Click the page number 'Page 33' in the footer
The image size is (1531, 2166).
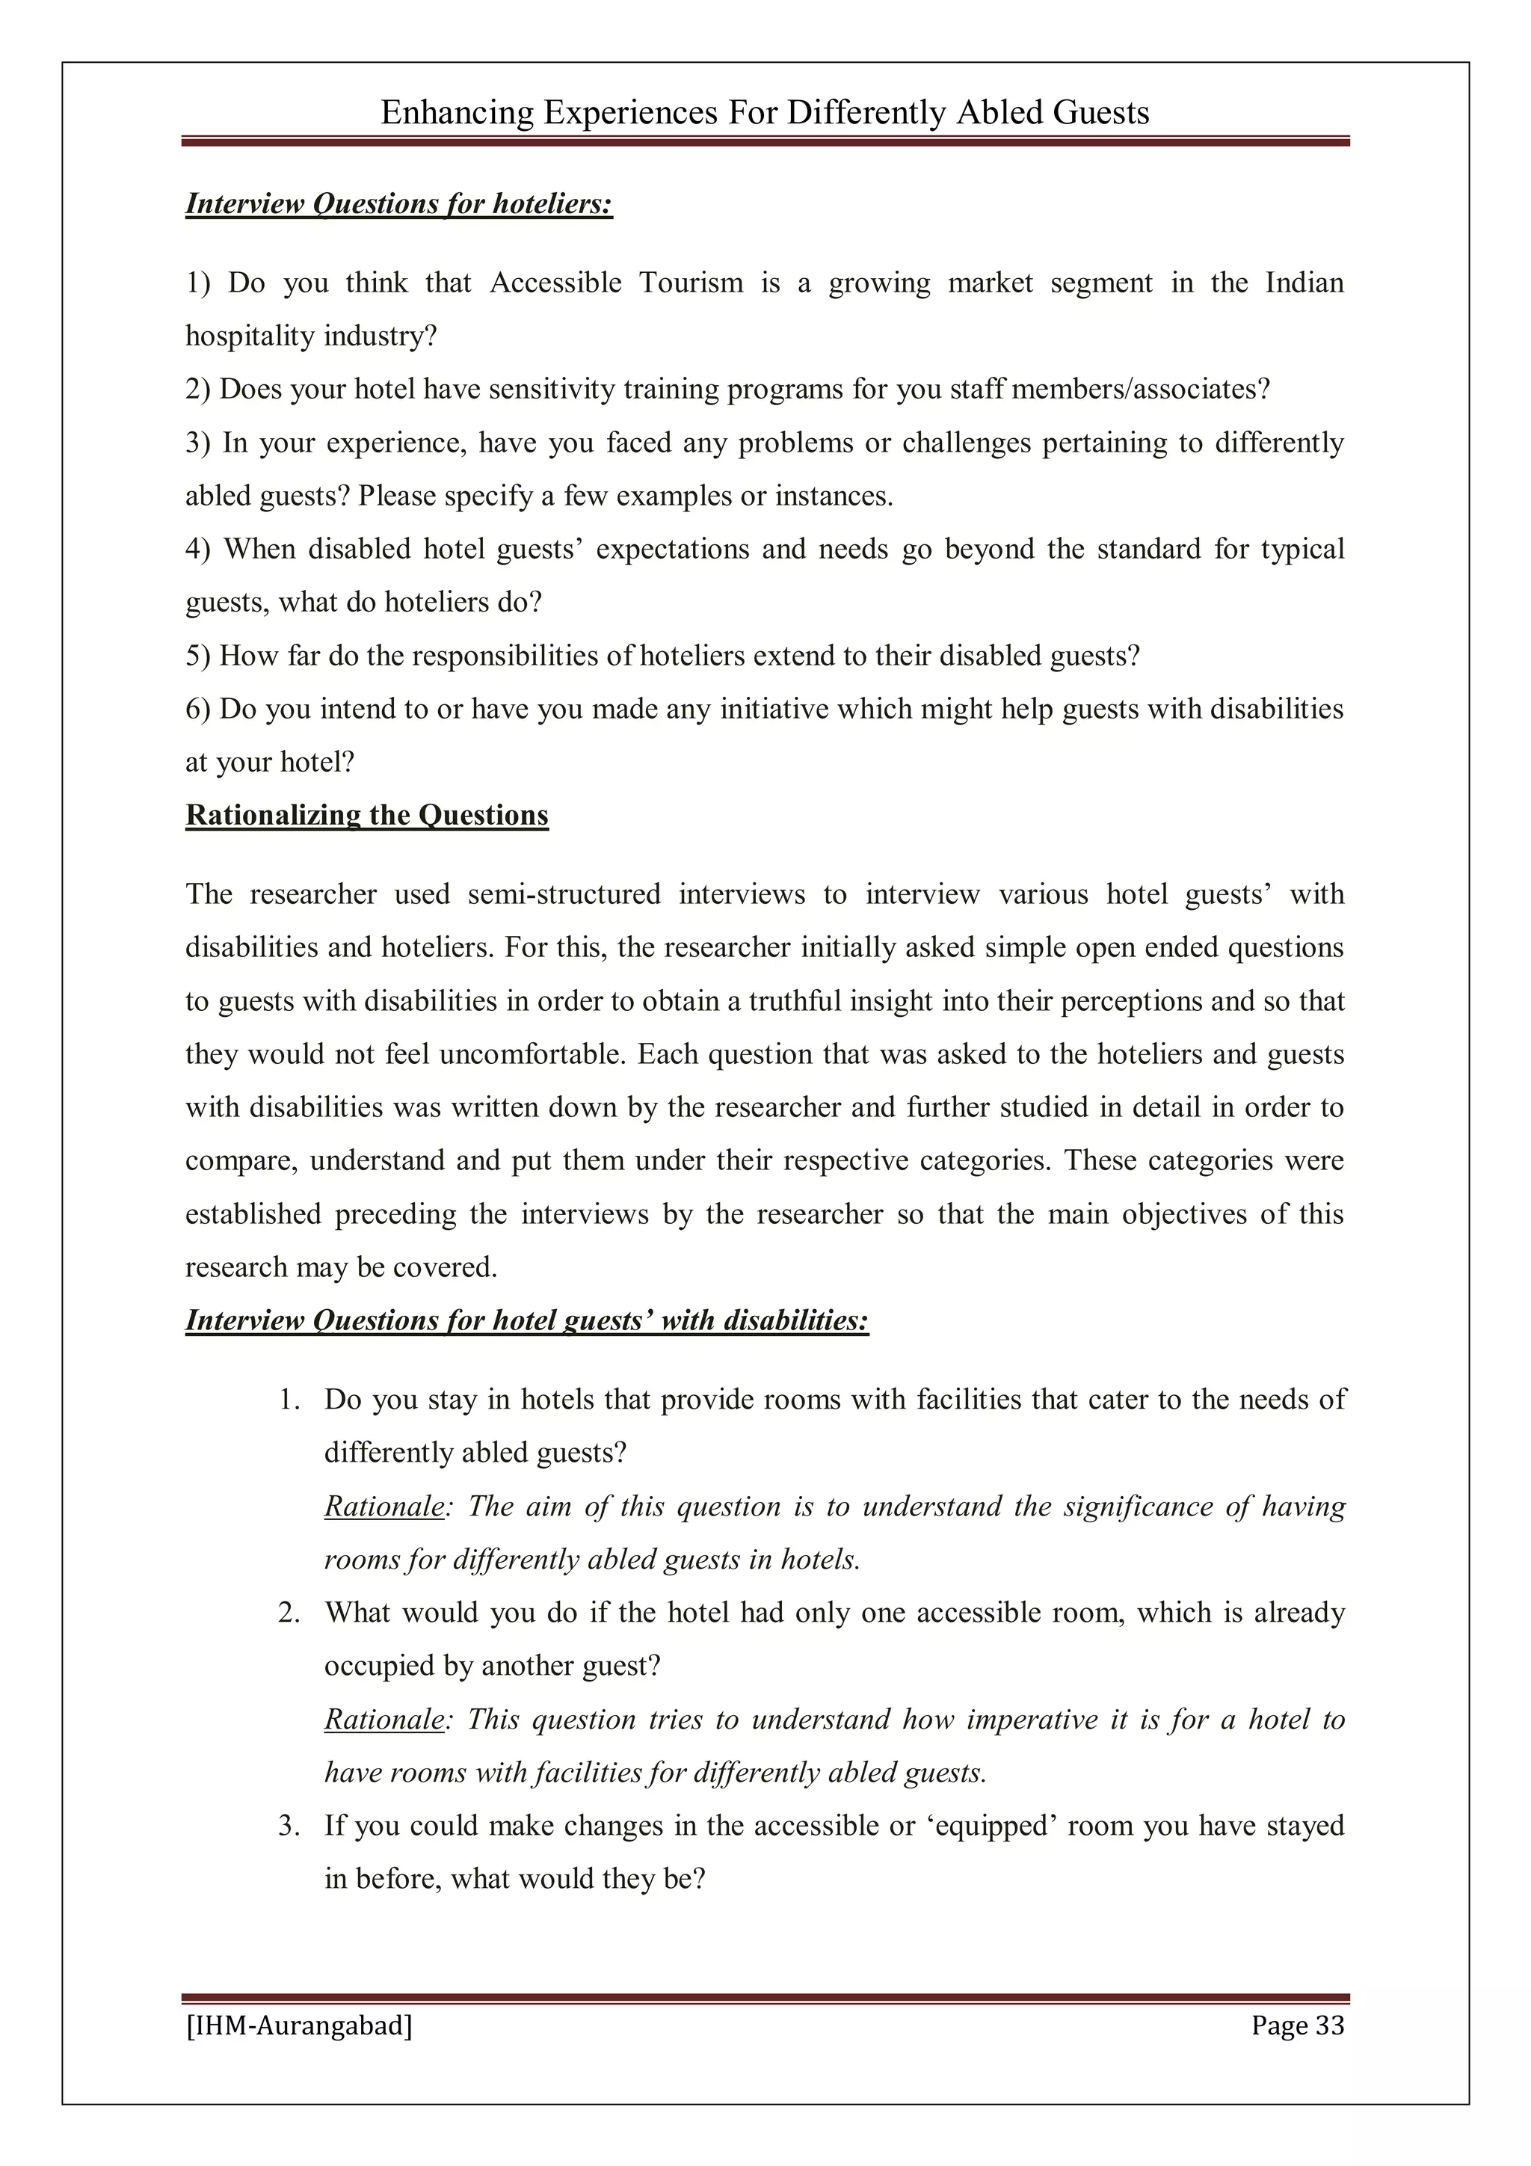click(1297, 2025)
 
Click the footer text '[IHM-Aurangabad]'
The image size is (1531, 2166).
click(299, 2025)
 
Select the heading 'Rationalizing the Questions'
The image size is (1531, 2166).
click(367, 815)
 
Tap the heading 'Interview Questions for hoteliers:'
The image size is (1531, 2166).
click(399, 204)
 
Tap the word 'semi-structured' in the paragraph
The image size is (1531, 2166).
click(564, 894)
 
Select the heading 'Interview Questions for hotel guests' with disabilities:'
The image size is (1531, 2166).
click(526, 1320)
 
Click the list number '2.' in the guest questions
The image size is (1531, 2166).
click(289, 1613)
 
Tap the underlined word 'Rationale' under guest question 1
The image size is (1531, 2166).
click(383, 1507)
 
